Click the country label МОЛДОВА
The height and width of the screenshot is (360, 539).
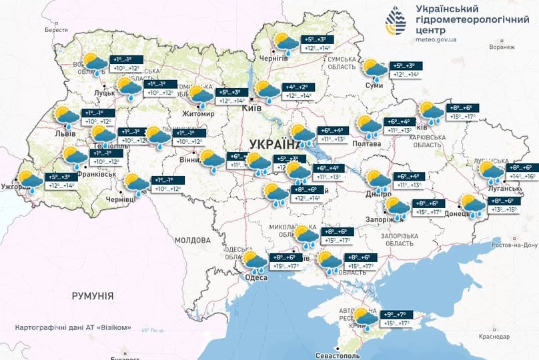coord(193,239)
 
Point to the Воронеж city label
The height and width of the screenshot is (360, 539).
coord(501,47)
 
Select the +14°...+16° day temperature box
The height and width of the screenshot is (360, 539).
coord(523,177)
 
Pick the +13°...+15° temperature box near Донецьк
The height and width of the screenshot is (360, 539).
coord(504,210)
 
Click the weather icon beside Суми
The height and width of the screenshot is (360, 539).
coord(374,69)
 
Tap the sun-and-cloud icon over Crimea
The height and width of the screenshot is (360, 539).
coord(364,317)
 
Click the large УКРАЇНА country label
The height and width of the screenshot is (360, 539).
coord(275,144)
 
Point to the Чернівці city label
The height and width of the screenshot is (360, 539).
coord(121,199)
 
